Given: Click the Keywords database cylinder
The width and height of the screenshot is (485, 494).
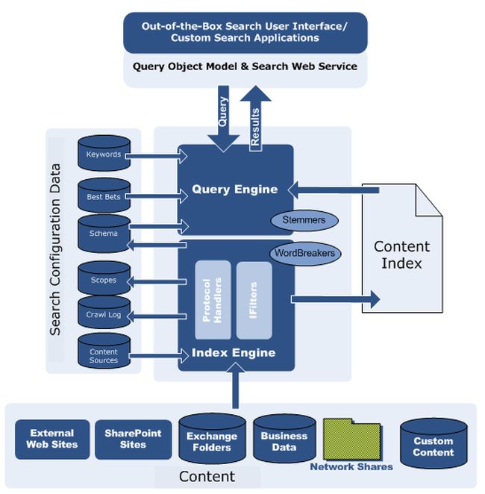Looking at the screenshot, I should pos(103,154).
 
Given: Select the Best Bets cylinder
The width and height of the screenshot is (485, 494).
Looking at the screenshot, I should pos(103,196).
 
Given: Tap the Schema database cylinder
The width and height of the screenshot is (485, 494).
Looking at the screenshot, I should pos(103,233).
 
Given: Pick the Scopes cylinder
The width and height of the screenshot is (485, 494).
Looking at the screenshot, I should pos(103,280).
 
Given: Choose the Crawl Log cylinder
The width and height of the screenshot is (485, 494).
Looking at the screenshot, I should pos(103,314).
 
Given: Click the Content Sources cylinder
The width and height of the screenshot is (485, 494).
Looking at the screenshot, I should pos(103,354).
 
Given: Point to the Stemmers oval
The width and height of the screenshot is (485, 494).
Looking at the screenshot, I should pos(304,220).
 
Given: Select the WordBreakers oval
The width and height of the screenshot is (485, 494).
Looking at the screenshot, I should pos(304,252).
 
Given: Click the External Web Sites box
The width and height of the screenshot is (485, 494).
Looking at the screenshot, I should pos(51,439).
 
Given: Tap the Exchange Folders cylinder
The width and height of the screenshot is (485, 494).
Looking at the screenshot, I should pos(212,441).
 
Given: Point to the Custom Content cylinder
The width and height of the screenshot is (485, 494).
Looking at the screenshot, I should pos(433,445).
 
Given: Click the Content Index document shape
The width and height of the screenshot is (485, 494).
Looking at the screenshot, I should pos(401,254).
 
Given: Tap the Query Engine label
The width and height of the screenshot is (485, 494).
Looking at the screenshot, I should pos(235,190).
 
